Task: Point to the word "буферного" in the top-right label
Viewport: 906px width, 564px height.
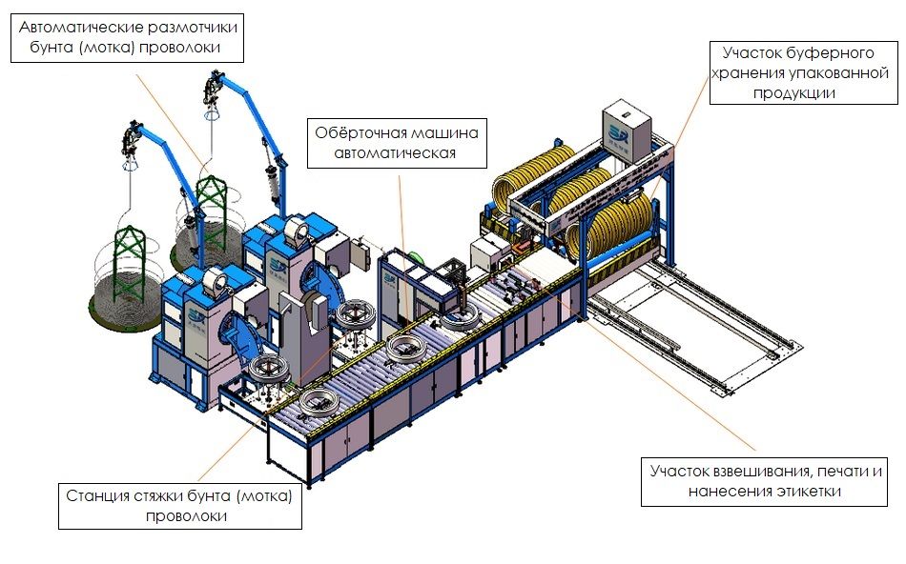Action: tap(839, 52)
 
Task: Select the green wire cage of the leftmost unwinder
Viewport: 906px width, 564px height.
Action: tap(127, 257)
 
